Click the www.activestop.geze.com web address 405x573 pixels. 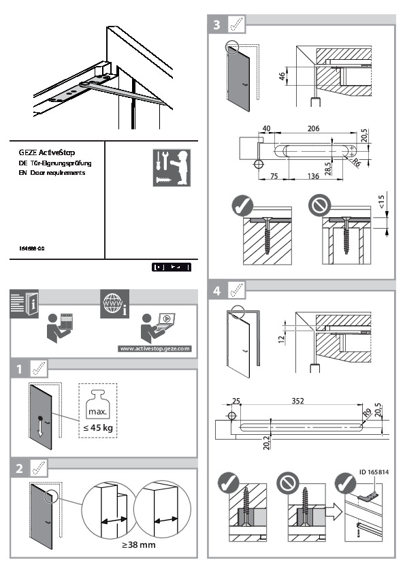tap(155, 348)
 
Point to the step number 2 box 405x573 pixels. tap(21, 468)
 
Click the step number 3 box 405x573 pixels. tap(216, 25)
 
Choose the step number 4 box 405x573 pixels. tap(216, 291)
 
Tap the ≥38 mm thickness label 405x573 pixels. tap(131, 545)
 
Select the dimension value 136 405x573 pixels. tap(313, 176)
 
